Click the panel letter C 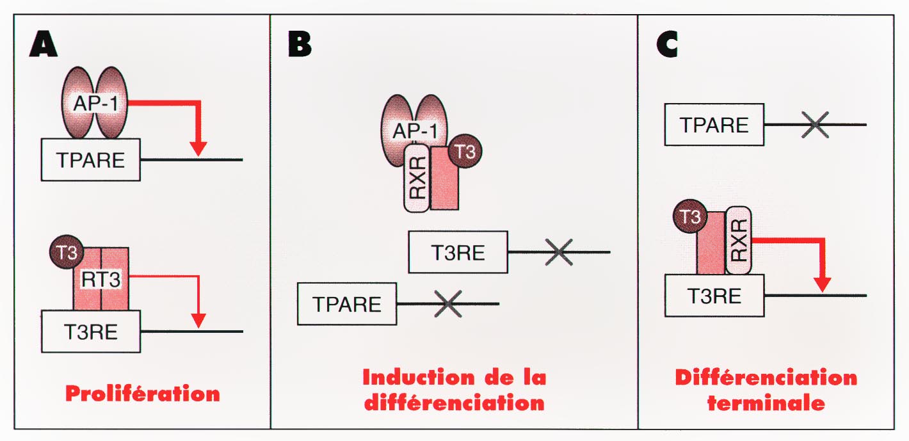coord(666,44)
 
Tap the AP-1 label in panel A coord(94,102)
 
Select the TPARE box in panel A coord(90,159)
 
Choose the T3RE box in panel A coord(90,331)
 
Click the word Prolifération coord(142,392)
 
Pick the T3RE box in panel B coord(458,252)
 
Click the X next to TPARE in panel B coord(448,303)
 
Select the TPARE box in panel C coord(714,125)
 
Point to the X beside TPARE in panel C coord(814,125)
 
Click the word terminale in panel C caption coord(766,404)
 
